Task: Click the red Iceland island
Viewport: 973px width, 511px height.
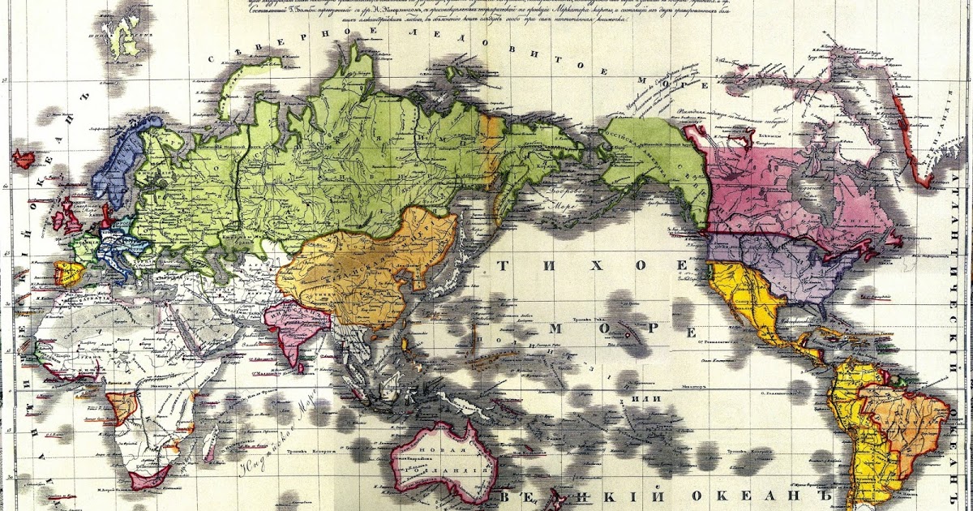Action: coord(23,159)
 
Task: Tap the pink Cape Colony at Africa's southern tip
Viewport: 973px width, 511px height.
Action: coord(151,476)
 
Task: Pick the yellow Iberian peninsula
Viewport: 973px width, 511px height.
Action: coord(67,273)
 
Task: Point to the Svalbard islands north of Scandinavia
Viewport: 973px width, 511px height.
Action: coord(122,36)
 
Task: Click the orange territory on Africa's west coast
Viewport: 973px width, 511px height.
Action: coord(120,406)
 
